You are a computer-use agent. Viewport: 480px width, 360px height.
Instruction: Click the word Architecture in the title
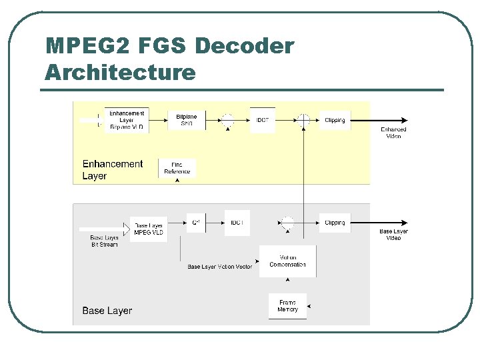click(x=120, y=72)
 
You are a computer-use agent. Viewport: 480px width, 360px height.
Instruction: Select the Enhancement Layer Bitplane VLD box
click(x=127, y=120)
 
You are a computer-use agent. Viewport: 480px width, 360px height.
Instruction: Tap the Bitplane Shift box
click(x=187, y=120)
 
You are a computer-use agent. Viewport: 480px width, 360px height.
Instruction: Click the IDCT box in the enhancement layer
click(x=263, y=120)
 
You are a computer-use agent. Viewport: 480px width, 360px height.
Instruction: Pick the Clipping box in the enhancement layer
click(x=335, y=120)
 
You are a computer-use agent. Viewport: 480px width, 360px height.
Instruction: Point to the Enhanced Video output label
click(x=393, y=133)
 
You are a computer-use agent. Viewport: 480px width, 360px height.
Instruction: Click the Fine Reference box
click(x=177, y=168)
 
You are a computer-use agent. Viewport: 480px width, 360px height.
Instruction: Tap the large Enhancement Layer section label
click(x=112, y=169)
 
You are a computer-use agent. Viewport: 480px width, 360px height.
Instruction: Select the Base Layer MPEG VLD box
click(x=149, y=229)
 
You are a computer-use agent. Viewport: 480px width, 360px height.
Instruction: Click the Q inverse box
click(x=196, y=222)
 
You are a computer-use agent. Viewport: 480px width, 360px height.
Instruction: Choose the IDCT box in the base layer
click(x=237, y=223)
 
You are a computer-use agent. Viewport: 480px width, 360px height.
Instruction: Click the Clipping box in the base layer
click(x=335, y=223)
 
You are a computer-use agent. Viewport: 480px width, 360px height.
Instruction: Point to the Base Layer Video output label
click(x=393, y=235)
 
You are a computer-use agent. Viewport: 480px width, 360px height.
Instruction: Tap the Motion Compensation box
click(x=288, y=261)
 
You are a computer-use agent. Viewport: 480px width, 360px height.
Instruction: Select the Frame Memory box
click(x=288, y=306)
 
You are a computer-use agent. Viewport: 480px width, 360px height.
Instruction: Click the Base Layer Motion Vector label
click(x=220, y=267)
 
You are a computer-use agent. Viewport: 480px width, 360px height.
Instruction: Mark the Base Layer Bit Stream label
click(x=105, y=241)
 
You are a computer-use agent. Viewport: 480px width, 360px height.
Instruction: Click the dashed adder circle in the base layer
click(x=287, y=223)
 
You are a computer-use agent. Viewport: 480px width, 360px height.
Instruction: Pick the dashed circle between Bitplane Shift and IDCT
click(x=227, y=120)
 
